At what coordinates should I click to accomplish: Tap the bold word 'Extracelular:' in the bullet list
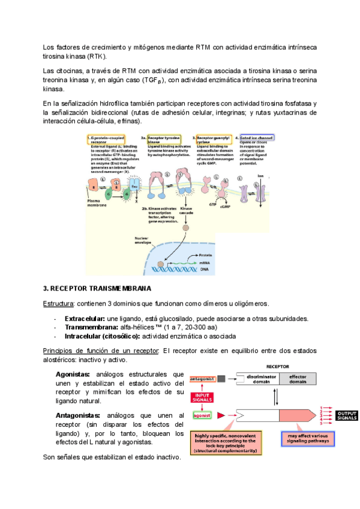(85, 318)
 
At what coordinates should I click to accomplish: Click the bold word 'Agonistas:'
(73, 375)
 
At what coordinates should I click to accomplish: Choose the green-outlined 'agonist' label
(202, 415)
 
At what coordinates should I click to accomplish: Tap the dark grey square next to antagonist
(221, 379)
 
